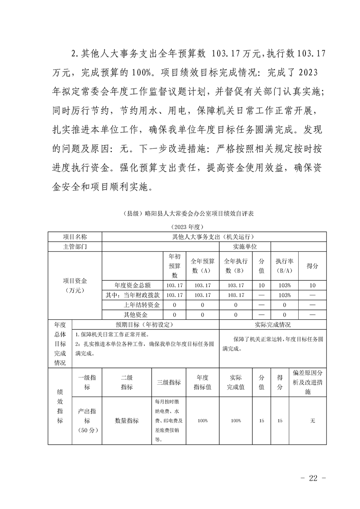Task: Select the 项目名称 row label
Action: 74,237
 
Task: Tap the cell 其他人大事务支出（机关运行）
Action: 214,237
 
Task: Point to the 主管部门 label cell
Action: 74,246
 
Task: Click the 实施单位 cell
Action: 245,246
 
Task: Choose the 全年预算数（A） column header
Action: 202,266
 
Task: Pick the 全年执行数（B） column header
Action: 236,266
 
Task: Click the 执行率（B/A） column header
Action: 284,266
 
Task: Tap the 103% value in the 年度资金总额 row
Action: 284,285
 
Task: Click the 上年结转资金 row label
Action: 142,305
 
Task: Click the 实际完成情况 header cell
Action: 272,325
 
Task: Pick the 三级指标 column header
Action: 168,382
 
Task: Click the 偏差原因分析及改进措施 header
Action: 308,382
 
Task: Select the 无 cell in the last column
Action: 312,421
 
